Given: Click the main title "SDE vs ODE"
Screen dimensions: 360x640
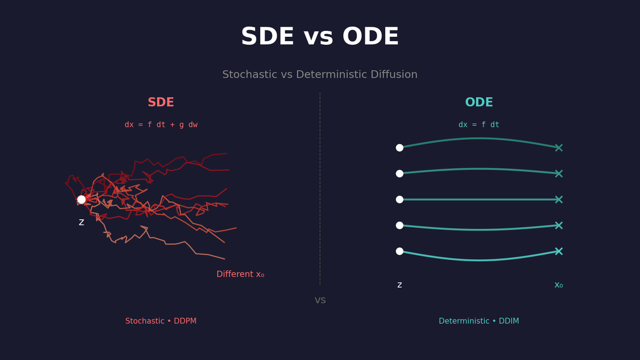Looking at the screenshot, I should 319,37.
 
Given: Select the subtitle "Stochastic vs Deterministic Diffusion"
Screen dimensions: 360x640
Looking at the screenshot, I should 319,75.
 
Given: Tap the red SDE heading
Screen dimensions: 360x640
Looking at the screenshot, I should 161,102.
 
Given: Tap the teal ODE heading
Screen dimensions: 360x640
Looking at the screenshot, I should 479,102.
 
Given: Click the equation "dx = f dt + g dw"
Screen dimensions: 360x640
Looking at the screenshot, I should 161,125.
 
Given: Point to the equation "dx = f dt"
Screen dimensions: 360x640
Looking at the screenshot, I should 479,125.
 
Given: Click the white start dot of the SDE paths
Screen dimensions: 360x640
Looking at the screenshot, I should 82,199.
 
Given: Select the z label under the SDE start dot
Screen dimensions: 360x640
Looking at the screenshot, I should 82,222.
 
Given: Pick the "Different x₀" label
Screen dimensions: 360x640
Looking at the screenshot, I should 240,274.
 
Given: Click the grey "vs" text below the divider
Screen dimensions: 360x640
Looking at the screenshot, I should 320,300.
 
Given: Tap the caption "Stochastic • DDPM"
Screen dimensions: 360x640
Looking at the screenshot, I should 161,321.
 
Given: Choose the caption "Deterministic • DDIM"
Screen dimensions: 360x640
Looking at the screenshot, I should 479,321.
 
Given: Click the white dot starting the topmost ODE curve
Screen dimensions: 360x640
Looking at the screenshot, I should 399,148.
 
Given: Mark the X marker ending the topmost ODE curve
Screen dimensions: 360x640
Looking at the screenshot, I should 558,148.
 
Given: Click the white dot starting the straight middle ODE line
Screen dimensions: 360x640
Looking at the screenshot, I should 399,199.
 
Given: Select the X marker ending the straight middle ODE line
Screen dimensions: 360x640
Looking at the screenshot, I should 558,199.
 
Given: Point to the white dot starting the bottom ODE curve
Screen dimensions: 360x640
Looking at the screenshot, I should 399,251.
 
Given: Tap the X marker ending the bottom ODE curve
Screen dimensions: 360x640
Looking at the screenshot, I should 558,251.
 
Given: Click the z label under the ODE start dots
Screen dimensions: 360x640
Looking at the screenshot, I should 399,285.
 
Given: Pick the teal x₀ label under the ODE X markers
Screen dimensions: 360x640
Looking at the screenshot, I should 558,285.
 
